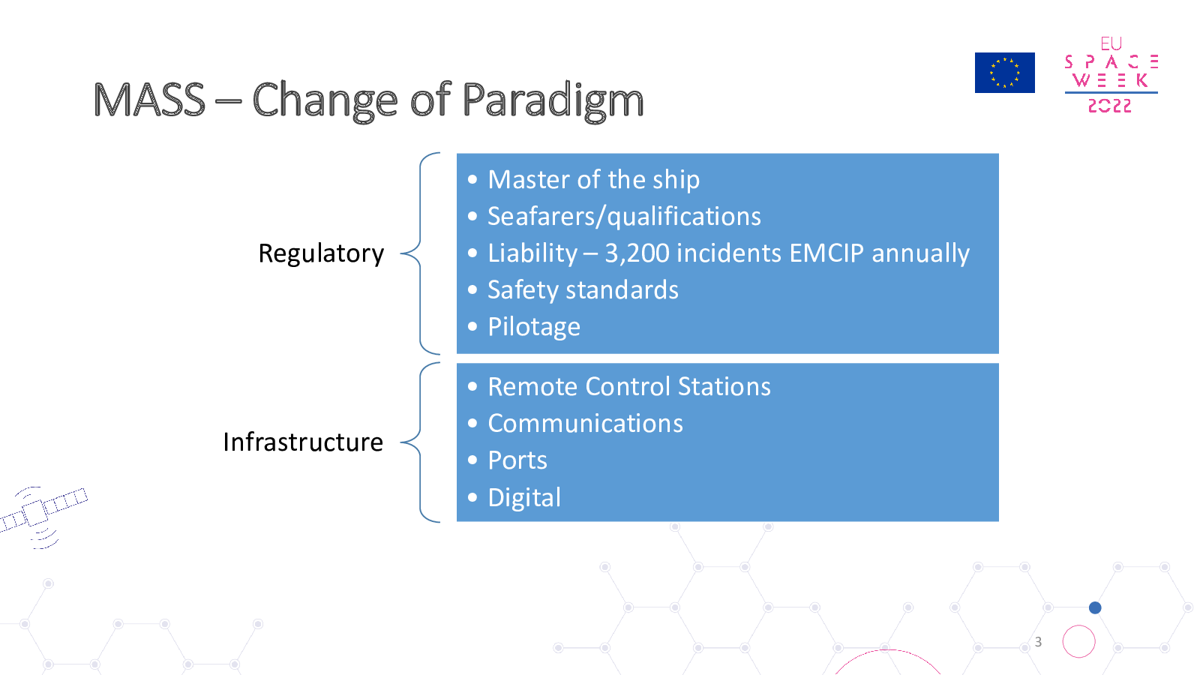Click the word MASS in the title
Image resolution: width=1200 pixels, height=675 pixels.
(149, 100)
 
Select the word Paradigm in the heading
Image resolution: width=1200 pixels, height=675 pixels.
(552, 102)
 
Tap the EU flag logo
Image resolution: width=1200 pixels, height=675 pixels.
(1004, 73)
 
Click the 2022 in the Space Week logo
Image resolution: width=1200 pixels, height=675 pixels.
(1109, 106)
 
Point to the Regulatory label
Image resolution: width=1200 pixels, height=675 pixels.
(321, 253)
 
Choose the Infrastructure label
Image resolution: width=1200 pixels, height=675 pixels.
(303, 442)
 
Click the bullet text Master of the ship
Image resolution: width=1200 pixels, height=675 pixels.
(593, 179)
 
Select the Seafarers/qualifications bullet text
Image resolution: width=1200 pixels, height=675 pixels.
(624, 217)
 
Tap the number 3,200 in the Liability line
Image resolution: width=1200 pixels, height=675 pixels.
(637, 253)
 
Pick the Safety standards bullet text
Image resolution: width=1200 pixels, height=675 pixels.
(583, 289)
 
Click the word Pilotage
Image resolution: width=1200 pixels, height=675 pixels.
(534, 327)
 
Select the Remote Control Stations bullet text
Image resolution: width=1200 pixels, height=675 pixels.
(629, 386)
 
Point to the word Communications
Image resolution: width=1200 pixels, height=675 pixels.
(586, 423)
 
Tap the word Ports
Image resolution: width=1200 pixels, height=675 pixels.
(517, 460)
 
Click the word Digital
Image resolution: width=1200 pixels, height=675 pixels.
(524, 498)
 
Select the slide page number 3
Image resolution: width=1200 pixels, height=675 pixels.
(1038, 642)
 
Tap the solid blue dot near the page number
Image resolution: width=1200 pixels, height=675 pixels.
(1095, 607)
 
